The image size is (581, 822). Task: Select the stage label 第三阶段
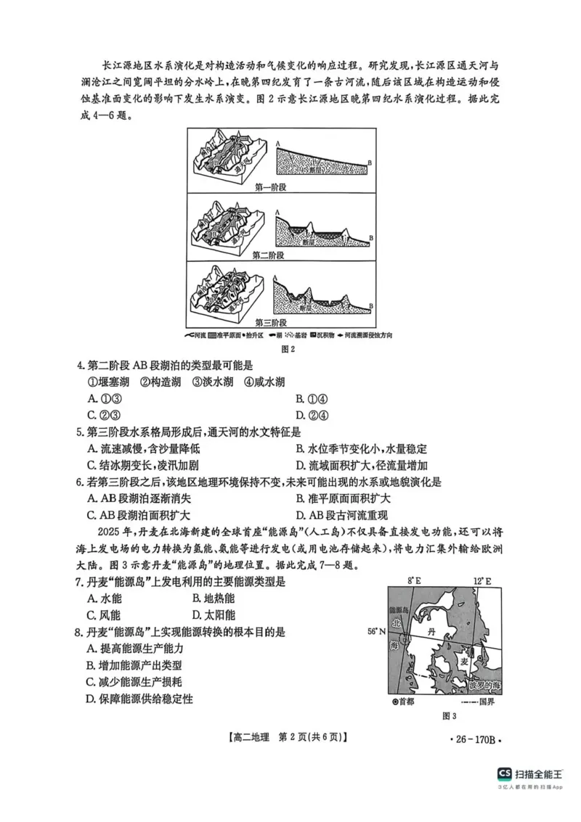point(271,322)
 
